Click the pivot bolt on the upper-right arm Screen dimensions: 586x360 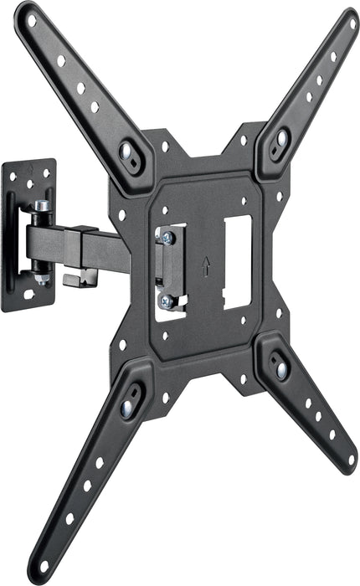click(x=282, y=138)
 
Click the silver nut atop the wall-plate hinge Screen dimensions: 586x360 click(x=42, y=205)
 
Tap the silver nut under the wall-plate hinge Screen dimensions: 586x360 click(x=42, y=277)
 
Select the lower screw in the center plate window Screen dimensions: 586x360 click(x=167, y=301)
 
